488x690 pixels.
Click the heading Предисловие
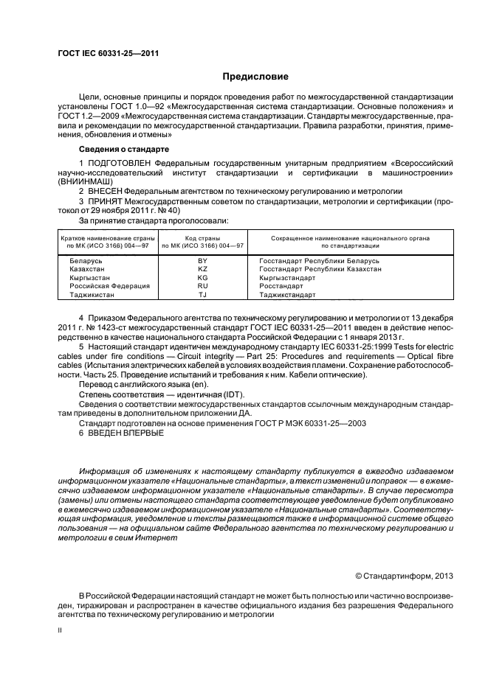click(255, 77)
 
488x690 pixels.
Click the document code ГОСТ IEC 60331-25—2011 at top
click(109, 53)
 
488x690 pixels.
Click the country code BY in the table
click(202, 261)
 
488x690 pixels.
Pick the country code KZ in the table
click(202, 269)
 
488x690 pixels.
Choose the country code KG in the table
click(202, 277)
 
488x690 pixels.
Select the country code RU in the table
click(202, 285)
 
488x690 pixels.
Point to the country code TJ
click(202, 294)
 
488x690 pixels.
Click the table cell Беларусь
click(86, 261)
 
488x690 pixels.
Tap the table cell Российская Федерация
click(109, 285)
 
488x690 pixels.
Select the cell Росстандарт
click(281, 285)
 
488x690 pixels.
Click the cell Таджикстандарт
click(287, 294)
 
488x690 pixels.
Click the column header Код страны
click(202, 238)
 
